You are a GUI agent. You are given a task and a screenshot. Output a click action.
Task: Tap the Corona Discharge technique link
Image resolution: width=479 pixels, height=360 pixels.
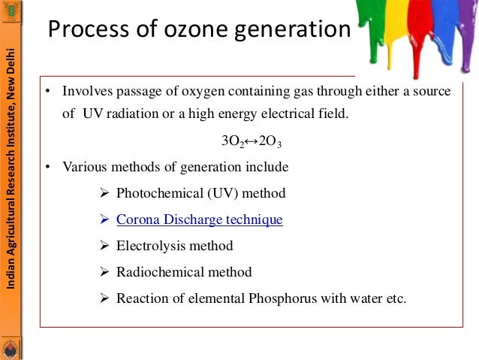tap(199, 219)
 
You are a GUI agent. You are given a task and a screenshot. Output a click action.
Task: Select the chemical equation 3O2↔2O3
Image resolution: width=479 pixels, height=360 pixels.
tap(251, 141)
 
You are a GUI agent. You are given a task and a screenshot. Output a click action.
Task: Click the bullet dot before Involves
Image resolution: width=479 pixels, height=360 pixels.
tap(47, 92)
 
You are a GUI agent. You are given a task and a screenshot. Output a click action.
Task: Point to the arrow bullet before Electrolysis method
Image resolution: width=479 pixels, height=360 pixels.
tap(105, 246)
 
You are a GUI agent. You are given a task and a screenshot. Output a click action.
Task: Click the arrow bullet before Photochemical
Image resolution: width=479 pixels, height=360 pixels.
tap(105, 193)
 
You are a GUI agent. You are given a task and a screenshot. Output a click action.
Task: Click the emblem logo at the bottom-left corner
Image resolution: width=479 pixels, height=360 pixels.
tap(11, 348)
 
